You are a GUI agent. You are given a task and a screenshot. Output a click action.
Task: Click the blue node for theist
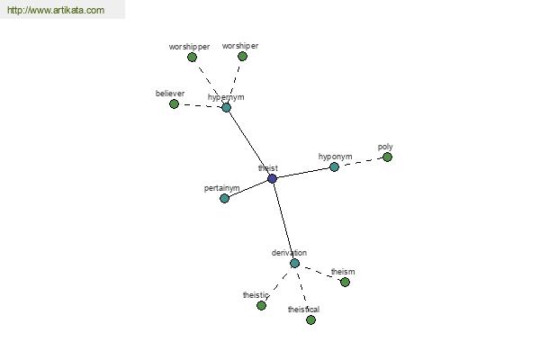coord(272,178)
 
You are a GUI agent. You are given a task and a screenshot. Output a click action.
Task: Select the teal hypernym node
coord(226,107)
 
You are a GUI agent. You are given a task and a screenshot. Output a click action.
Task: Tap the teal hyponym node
coord(334,167)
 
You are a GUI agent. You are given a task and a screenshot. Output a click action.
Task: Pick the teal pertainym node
coord(224,198)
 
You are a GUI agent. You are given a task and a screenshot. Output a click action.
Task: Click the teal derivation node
coord(294,263)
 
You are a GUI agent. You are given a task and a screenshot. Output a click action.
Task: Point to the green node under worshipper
coord(193,58)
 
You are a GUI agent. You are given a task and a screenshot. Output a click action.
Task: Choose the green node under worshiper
coord(242,56)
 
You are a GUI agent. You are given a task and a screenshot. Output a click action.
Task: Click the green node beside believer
coord(174,103)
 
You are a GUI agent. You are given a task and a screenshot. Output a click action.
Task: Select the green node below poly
coord(387,157)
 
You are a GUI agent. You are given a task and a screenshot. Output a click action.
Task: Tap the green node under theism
coord(345,282)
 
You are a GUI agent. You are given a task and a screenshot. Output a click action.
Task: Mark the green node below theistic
coord(261,306)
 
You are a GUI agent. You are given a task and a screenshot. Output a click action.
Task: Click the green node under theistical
coord(310,320)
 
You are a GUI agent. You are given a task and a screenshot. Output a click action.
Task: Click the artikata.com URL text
coord(56,10)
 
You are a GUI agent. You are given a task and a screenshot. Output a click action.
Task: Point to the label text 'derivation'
coord(289,253)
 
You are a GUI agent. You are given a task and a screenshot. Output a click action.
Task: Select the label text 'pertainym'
coord(221,188)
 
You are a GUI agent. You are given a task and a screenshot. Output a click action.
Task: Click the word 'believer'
coord(170,94)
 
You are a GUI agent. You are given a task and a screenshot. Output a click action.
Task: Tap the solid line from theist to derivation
coord(283,220)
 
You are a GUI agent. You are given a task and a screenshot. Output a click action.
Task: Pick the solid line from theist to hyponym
coord(303,173)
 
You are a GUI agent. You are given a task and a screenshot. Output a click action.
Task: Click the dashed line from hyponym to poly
coord(361,162)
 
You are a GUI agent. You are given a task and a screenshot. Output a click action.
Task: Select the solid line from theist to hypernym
coord(249,143)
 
